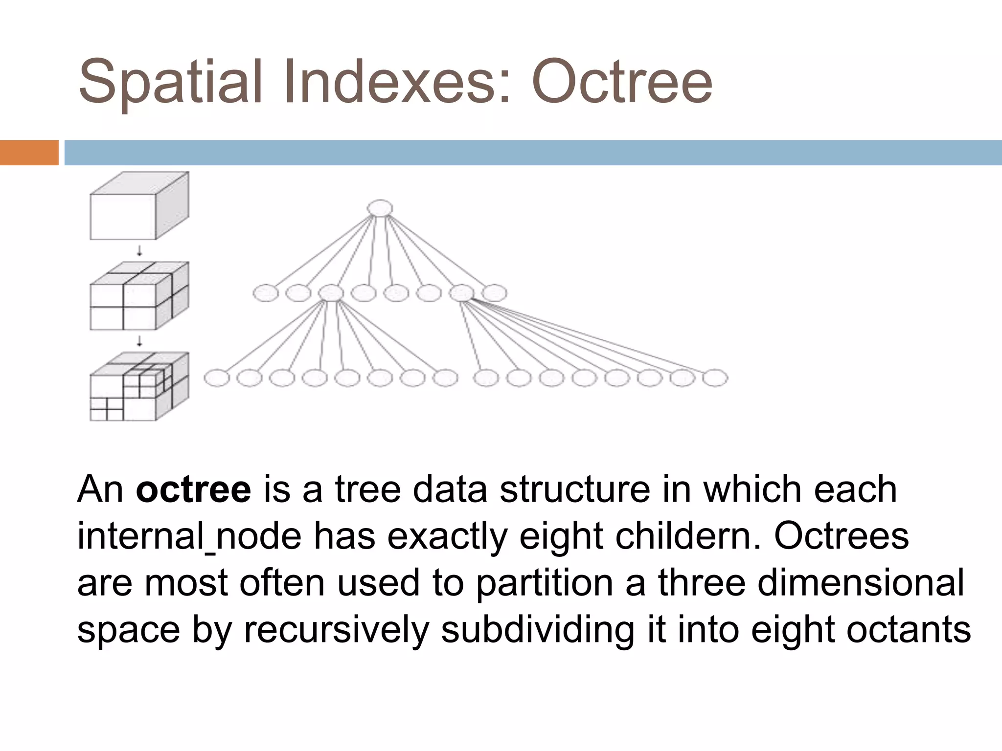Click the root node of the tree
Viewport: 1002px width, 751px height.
click(380, 208)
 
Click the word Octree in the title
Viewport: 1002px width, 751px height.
click(621, 82)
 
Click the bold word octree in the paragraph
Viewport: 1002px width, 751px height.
click(193, 489)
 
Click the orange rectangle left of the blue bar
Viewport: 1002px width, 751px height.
click(29, 153)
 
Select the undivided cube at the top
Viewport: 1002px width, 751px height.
click(139, 206)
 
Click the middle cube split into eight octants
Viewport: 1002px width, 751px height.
click(139, 296)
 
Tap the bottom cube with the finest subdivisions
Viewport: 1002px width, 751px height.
click(139, 387)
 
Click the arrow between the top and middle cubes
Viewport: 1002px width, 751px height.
click(139, 251)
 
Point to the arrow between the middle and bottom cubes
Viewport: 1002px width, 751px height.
click(139, 341)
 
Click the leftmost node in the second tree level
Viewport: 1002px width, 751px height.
click(266, 293)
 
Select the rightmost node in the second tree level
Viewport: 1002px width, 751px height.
click(494, 293)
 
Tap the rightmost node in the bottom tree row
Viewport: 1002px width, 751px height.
click(715, 378)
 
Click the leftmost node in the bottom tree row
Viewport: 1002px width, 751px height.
click(217, 378)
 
